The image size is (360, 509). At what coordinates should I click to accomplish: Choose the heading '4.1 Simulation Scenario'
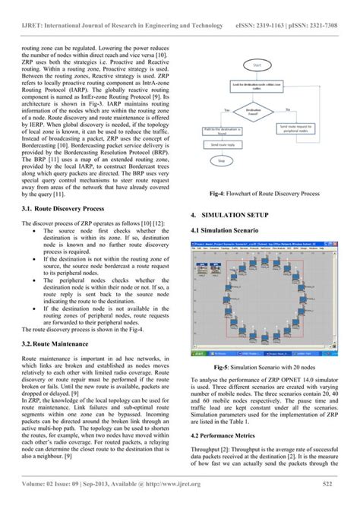tap(226, 231)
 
